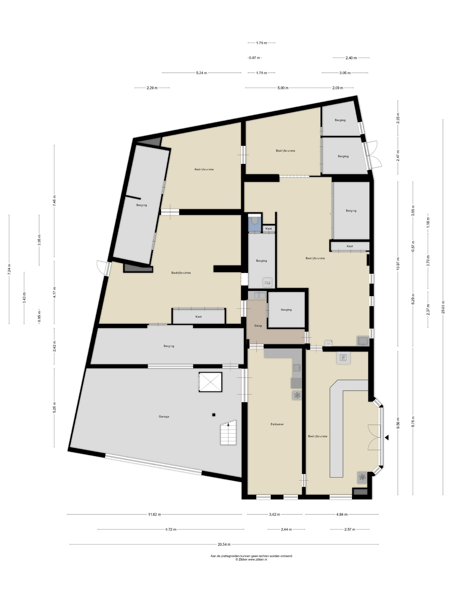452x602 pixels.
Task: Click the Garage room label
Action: pyautogui.click(x=164, y=416)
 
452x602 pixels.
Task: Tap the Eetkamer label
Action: pyautogui.click(x=277, y=424)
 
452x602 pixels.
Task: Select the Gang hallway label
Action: pyautogui.click(x=258, y=326)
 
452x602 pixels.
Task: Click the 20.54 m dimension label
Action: pyautogui.click(x=224, y=544)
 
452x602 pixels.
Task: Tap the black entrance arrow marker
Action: pyautogui.click(x=387, y=437)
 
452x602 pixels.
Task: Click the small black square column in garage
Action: pyautogui.click(x=214, y=415)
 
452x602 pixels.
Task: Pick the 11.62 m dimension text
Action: pyautogui.click(x=155, y=514)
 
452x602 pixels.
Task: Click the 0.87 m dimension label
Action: pyautogui.click(x=254, y=58)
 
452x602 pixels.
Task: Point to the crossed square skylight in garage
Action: pyautogui.click(x=210, y=382)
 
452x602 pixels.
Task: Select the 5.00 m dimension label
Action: pyautogui.click(x=283, y=88)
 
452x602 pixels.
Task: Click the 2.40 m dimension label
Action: pyautogui.click(x=351, y=58)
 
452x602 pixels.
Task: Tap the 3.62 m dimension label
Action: pyautogui.click(x=274, y=514)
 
